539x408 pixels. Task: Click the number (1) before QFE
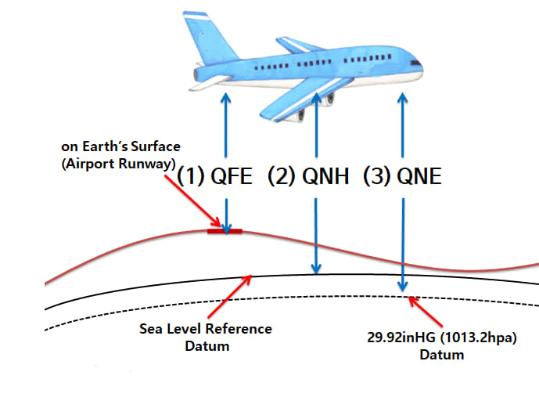[x=192, y=176]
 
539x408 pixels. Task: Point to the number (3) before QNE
[x=376, y=176]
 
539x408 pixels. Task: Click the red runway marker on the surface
[x=225, y=231]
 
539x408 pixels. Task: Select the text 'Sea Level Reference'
[x=206, y=328]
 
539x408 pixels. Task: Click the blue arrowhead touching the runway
[x=226, y=227]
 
